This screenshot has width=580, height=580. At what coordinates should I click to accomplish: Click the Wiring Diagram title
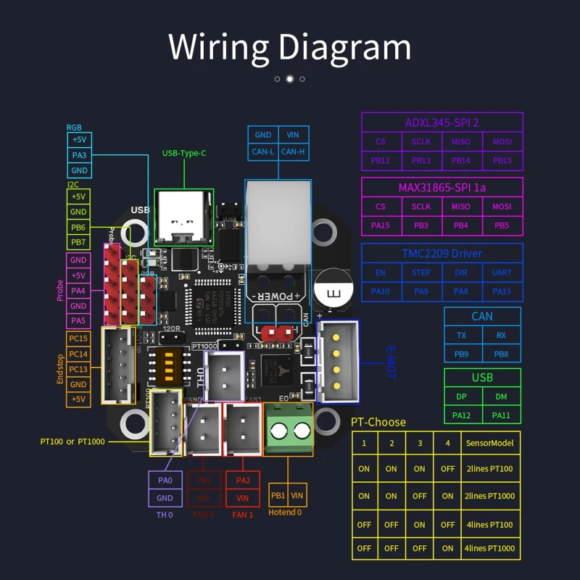290,46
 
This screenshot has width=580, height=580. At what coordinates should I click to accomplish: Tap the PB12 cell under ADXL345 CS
381,160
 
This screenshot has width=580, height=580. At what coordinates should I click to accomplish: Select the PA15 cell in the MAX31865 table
381,225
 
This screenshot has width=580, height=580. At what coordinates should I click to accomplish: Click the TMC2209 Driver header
442,253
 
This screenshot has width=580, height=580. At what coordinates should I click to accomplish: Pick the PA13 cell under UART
502,291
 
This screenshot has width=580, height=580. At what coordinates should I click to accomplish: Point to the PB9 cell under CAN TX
463,354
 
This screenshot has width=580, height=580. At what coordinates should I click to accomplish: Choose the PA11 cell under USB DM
501,415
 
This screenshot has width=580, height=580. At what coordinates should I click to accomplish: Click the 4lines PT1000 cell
490,548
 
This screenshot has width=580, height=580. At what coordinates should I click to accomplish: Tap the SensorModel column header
490,443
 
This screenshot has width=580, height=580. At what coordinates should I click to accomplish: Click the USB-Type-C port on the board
183,215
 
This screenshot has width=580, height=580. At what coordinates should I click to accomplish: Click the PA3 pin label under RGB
79,155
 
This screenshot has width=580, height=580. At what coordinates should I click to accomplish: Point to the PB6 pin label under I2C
78,227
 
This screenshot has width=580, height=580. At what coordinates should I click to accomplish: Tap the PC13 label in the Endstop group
78,369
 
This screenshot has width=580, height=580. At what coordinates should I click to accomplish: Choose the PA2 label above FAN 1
243,480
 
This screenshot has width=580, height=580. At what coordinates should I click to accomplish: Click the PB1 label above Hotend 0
278,496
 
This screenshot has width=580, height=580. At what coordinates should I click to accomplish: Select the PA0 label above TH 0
165,480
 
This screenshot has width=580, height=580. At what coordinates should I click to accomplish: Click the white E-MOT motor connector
339,360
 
